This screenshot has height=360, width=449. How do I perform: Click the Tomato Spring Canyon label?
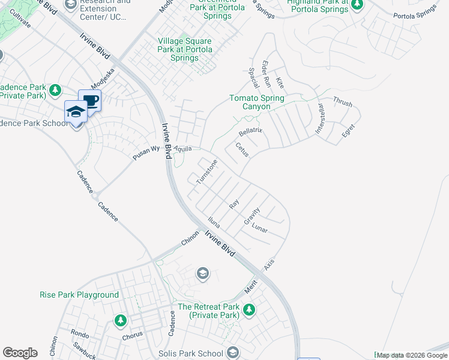click(257, 102)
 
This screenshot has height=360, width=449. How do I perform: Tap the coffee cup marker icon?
click(90, 101)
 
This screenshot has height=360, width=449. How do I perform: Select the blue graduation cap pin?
click(76, 112)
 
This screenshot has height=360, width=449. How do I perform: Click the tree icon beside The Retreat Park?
click(249, 310)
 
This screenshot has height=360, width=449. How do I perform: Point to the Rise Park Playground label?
click(79, 295)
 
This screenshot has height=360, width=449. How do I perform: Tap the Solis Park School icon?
click(233, 353)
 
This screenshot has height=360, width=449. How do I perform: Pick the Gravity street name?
click(252, 217)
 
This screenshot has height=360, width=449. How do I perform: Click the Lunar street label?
click(260, 229)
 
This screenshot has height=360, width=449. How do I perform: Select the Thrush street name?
click(342, 102)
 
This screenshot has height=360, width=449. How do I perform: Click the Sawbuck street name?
click(85, 349)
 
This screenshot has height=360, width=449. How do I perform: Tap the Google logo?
click(20, 353)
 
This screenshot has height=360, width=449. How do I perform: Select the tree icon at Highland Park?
click(357, 5)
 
